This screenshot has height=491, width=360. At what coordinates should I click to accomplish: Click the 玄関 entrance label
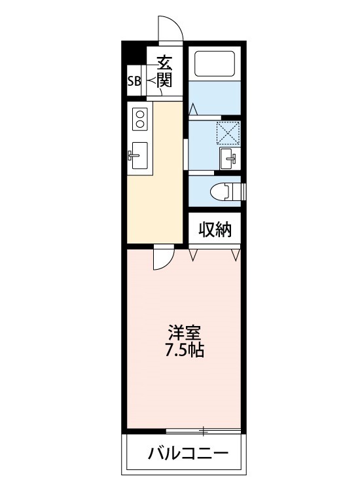coord(164,71)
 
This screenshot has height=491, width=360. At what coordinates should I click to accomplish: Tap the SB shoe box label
coord(134,81)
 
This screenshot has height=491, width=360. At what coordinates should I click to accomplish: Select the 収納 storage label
coord(215,230)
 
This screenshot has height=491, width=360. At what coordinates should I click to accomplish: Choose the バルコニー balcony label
coord(188,453)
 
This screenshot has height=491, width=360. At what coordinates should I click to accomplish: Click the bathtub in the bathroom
coord(215,64)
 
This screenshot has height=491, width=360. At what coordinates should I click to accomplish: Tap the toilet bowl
coord(221,191)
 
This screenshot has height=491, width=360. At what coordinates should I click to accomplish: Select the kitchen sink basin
coord(139,155)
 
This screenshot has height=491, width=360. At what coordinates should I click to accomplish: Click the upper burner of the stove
coord(139,113)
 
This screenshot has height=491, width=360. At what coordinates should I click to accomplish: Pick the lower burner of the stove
coord(139,124)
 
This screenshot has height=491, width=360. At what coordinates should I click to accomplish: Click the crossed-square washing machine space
coord(228,133)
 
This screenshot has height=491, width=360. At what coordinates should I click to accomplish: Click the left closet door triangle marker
coord(193,255)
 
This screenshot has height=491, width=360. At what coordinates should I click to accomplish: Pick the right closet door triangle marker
coord(236,255)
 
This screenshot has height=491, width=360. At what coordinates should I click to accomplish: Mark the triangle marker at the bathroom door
coord(194,109)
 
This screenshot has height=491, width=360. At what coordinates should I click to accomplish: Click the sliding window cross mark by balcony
coord(204,431)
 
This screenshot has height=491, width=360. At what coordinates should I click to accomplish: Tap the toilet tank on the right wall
coord(242,191)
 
